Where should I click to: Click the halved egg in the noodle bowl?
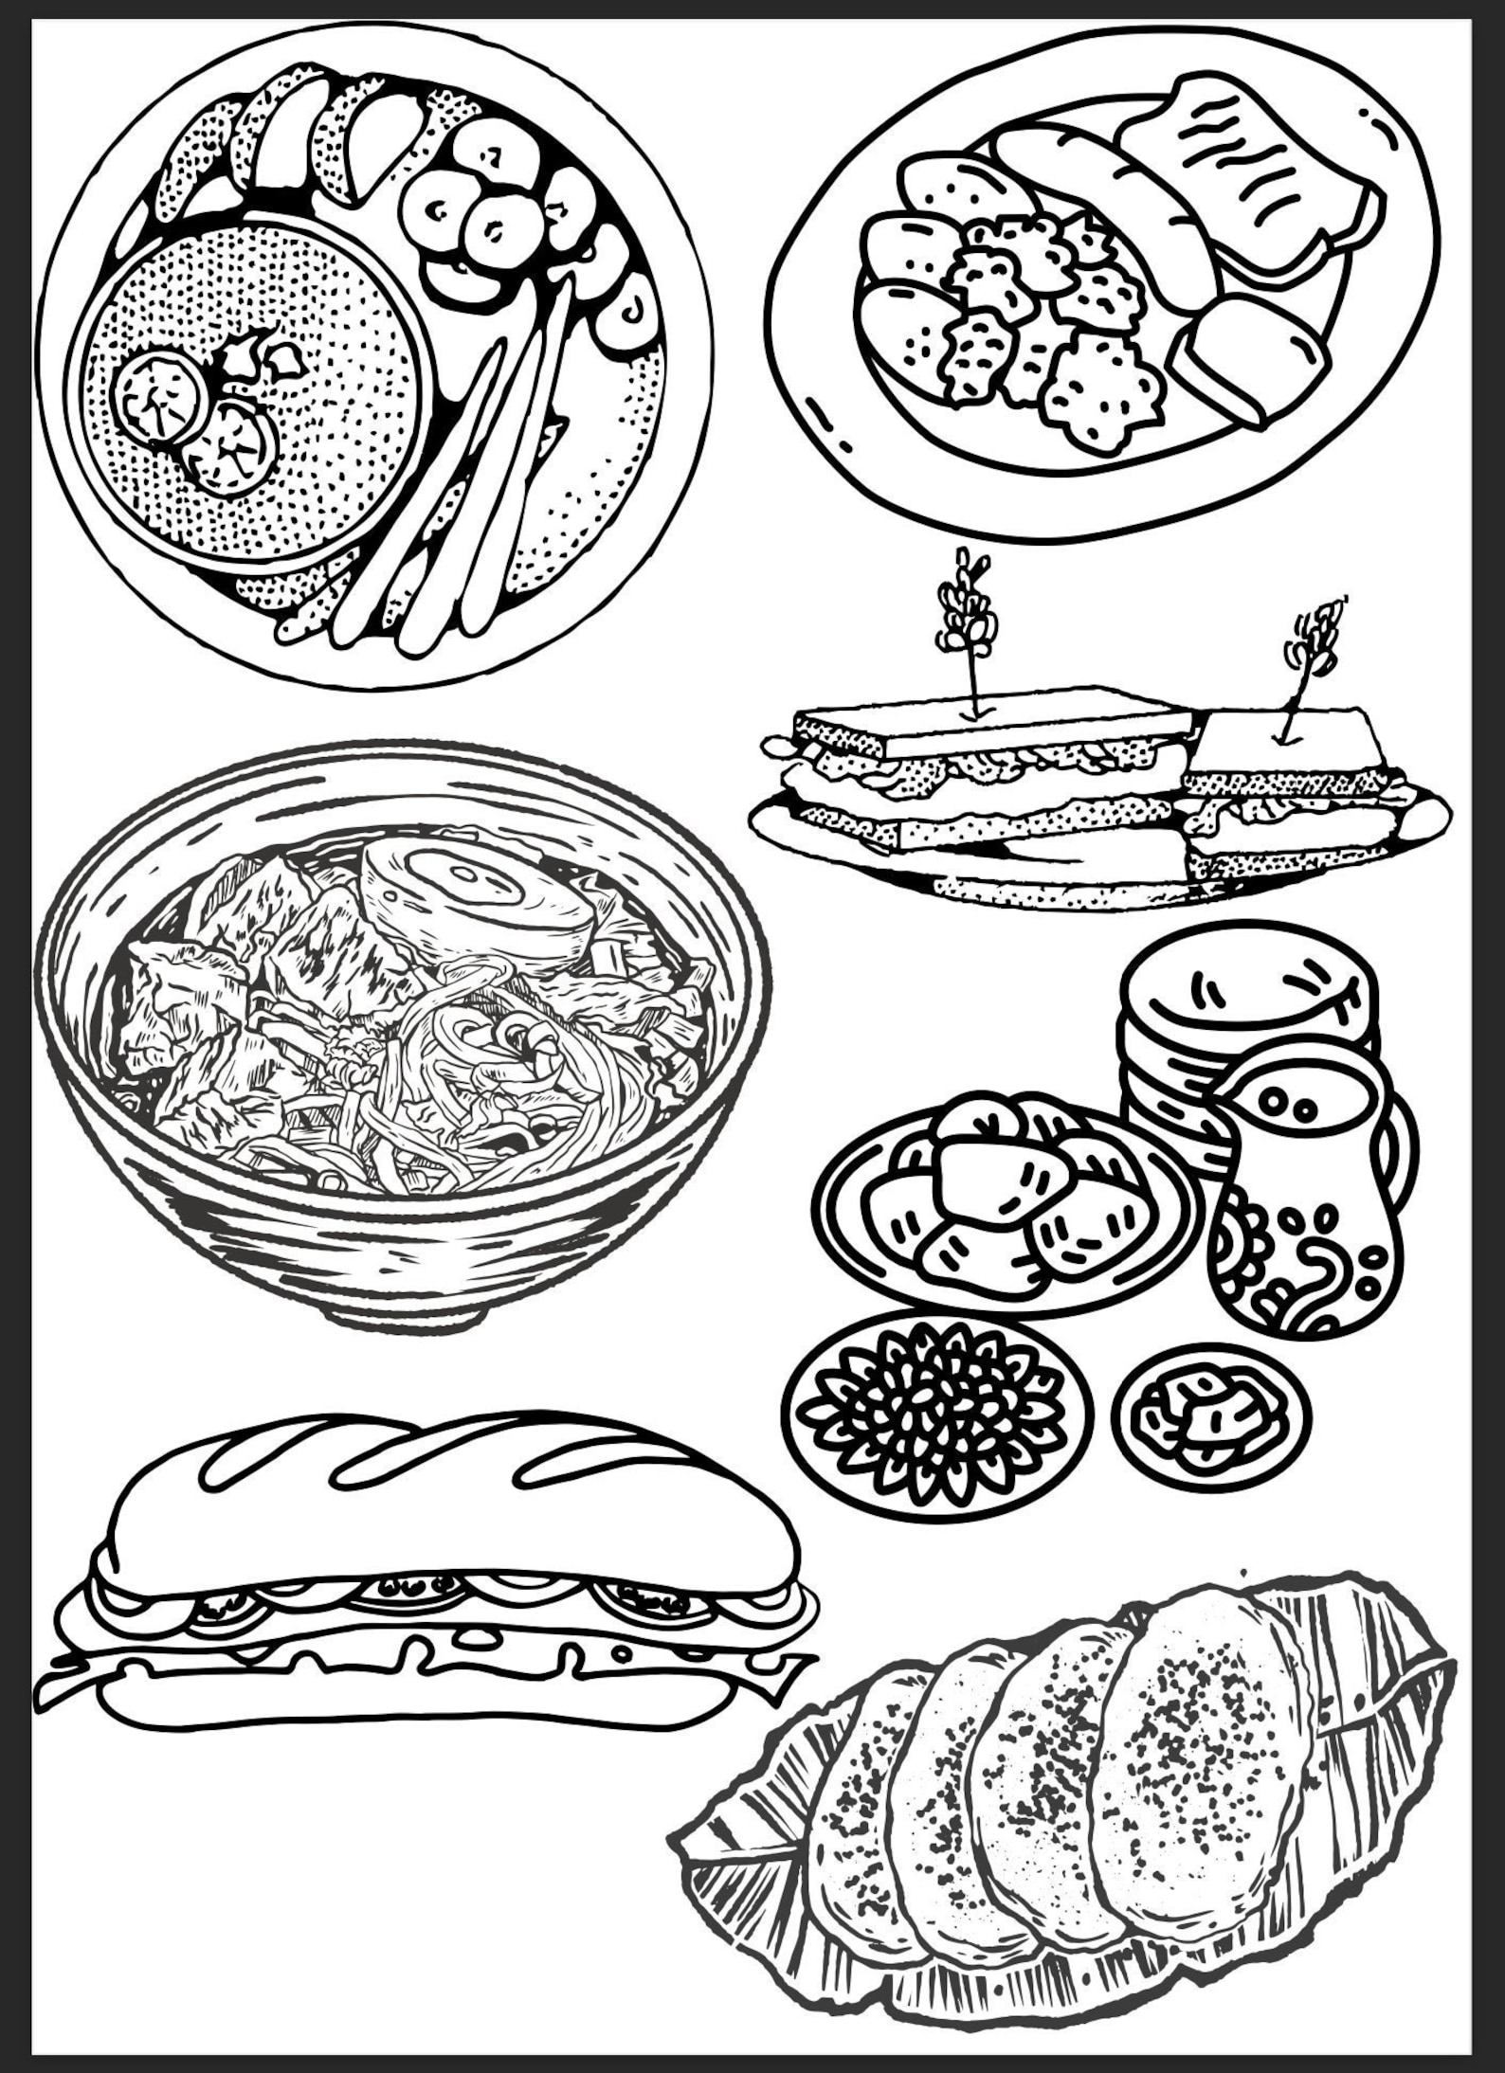click(479, 891)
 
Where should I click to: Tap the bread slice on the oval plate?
click(1251, 185)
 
